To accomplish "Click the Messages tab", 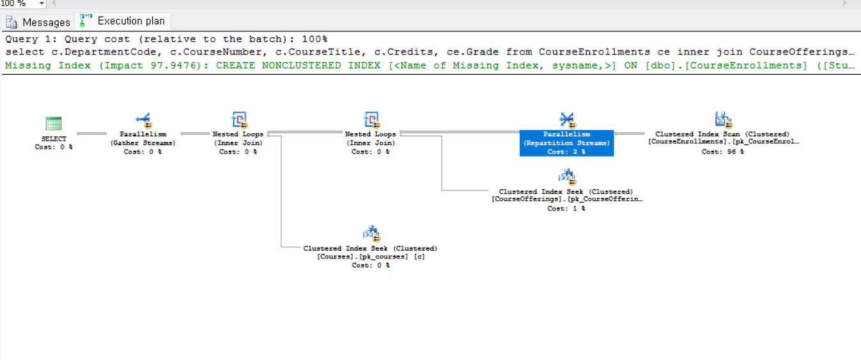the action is pos(38,22).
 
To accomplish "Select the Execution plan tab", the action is pos(122,20).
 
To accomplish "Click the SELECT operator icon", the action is pos(54,123).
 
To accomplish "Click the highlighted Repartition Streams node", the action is pos(566,143).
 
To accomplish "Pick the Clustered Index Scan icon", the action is pos(724,120).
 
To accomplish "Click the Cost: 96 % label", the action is pos(722,152).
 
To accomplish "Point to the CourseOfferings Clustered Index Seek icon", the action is pos(566,177).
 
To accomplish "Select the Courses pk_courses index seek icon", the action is pos(371,234).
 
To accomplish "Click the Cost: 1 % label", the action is pos(566,208).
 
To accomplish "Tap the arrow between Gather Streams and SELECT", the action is pos(91,134).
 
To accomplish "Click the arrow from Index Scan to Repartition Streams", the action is pos(630,134).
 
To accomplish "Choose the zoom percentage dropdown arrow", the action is pos(42,3).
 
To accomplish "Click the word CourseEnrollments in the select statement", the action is pos(594,52).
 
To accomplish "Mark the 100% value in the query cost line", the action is pos(314,39).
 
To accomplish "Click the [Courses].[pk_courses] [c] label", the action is pos(371,256).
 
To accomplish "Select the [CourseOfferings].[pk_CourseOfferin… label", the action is pos(567,200).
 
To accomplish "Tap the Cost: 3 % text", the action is pos(566,152).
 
